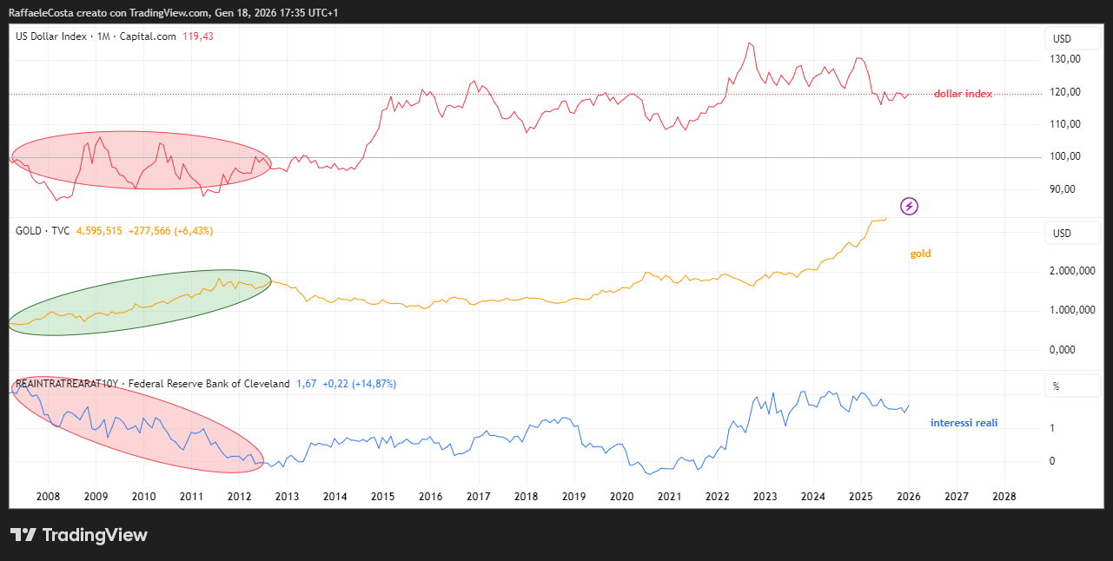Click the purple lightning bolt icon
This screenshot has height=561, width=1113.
pyautogui.click(x=909, y=206)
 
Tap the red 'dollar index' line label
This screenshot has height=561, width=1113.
pyautogui.click(x=963, y=94)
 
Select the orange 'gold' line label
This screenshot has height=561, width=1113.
pyautogui.click(x=920, y=254)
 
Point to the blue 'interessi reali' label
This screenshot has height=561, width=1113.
pyautogui.click(x=964, y=423)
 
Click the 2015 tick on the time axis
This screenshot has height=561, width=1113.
pyautogui.click(x=382, y=496)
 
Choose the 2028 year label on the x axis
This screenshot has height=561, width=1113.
pyautogui.click(x=1004, y=496)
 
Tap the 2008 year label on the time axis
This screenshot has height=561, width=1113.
pyautogui.click(x=48, y=496)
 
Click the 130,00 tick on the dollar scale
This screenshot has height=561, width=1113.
pyautogui.click(x=1064, y=59)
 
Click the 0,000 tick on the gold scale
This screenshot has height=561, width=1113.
pyautogui.click(x=1064, y=350)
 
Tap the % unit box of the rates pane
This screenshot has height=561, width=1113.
pyautogui.click(x=1056, y=386)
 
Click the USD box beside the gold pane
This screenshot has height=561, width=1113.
pyautogui.click(x=1062, y=234)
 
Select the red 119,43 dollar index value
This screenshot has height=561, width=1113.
pyautogui.click(x=198, y=36)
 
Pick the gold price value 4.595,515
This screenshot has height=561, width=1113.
pyautogui.click(x=99, y=231)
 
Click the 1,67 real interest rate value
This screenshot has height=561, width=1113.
pyautogui.click(x=305, y=384)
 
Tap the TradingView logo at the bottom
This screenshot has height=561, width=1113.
pyautogui.click(x=79, y=535)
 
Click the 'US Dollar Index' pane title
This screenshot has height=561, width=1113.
pyautogui.click(x=51, y=36)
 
